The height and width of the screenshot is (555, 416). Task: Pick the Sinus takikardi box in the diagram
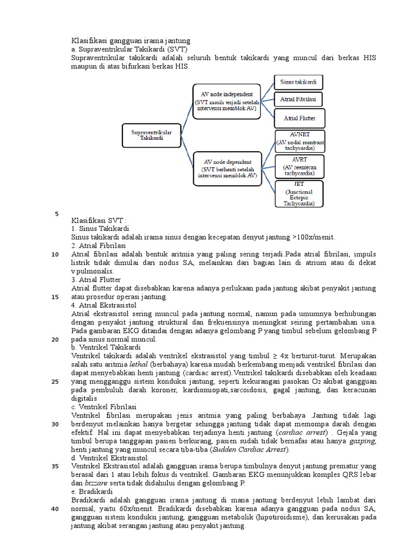[x=298, y=82]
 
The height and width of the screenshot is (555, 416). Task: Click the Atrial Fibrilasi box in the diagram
[x=298, y=100]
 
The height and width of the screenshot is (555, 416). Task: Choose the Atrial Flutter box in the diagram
[x=298, y=117]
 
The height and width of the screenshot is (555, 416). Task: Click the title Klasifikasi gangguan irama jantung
[x=131, y=41]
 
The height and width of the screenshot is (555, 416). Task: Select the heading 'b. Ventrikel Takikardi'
[x=106, y=347]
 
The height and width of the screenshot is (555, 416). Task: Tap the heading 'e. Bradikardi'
[x=92, y=491]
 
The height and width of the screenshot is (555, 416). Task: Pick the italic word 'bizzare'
[x=96, y=482]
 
